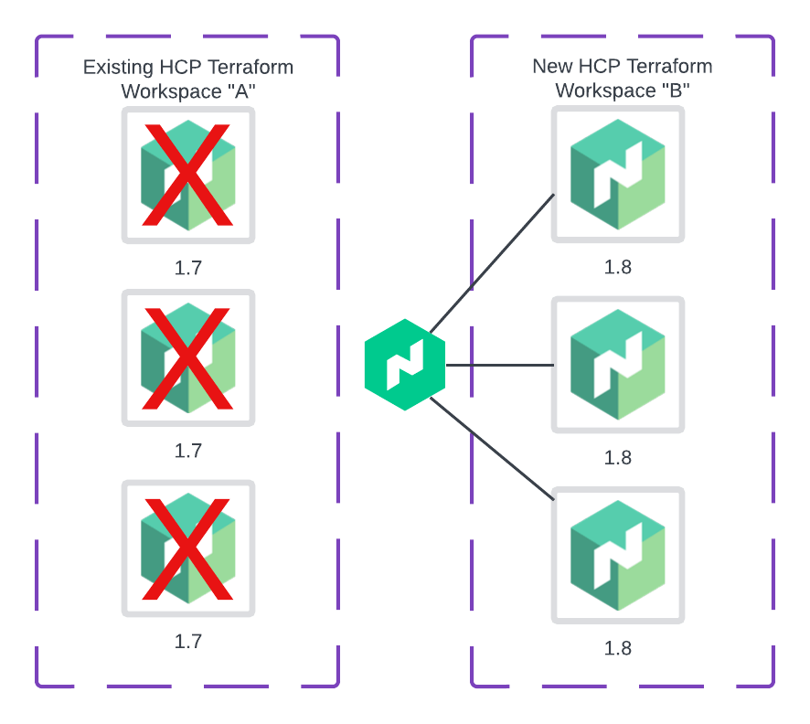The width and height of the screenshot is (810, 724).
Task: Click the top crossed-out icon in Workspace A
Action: click(x=188, y=175)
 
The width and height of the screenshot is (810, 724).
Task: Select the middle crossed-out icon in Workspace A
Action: click(x=188, y=358)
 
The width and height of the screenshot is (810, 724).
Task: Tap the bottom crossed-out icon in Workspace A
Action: click(x=188, y=548)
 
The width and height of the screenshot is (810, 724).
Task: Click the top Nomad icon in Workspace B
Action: click(x=618, y=175)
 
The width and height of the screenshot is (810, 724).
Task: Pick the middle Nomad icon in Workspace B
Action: click(x=618, y=365)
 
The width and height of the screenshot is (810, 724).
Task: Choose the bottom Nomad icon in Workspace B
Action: click(x=618, y=555)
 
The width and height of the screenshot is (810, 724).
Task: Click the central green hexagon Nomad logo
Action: click(x=405, y=365)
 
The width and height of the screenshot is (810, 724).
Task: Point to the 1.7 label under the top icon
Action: click(x=188, y=268)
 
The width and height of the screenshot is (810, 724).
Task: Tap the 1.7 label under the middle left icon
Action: click(x=188, y=451)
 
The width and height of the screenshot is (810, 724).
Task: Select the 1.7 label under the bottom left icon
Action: click(x=188, y=641)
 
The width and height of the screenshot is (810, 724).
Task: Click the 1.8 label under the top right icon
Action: click(x=618, y=268)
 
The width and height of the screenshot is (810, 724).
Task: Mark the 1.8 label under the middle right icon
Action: click(x=618, y=457)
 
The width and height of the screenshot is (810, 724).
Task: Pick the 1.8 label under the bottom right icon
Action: click(x=618, y=648)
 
